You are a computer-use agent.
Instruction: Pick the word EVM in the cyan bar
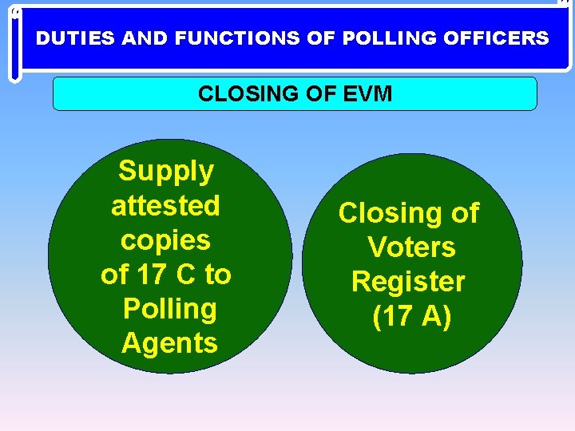[368, 94]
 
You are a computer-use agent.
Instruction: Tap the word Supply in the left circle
[166, 171]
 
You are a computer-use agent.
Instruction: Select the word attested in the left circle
[165, 205]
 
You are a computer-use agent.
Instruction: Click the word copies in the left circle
[165, 239]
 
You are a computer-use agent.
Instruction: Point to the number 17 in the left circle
[151, 275]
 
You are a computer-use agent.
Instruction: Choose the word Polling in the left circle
[169, 309]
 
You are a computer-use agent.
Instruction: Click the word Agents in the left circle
[169, 343]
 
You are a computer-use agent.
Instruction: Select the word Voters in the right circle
[411, 247]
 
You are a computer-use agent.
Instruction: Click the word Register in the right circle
[408, 282]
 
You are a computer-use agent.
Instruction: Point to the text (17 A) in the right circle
[412, 316]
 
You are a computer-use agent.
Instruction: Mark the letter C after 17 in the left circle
[184, 275]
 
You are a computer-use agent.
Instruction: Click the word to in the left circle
[217, 275]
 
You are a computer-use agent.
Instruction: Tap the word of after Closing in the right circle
[463, 213]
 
